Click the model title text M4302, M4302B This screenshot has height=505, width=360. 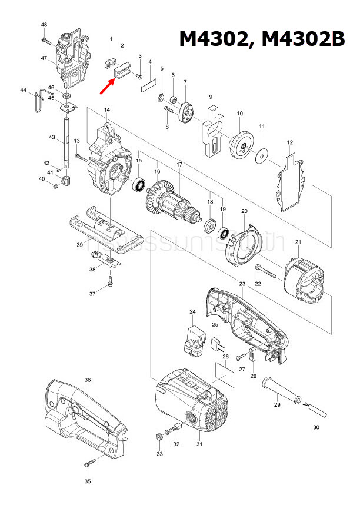click(261, 39)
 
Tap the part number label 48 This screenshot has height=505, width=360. click(44, 25)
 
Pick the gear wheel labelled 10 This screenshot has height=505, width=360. click(241, 143)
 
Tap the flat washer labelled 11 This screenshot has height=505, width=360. click(262, 157)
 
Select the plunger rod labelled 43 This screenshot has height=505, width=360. click(66, 141)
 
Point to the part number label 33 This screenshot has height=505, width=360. click(159, 454)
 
